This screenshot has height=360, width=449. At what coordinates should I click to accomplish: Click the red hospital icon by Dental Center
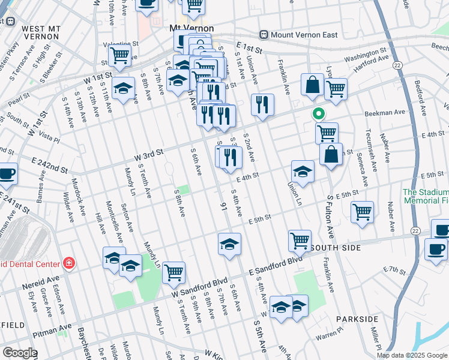point(69,263)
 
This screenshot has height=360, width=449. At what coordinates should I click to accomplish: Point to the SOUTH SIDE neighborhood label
point(339,248)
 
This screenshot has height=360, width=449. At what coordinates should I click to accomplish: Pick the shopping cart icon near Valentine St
point(119,55)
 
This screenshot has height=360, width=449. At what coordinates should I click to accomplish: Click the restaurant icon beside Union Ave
point(262,104)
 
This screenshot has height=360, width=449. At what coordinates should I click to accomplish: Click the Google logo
point(19,353)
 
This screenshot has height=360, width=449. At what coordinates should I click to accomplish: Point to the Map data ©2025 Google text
point(412,355)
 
